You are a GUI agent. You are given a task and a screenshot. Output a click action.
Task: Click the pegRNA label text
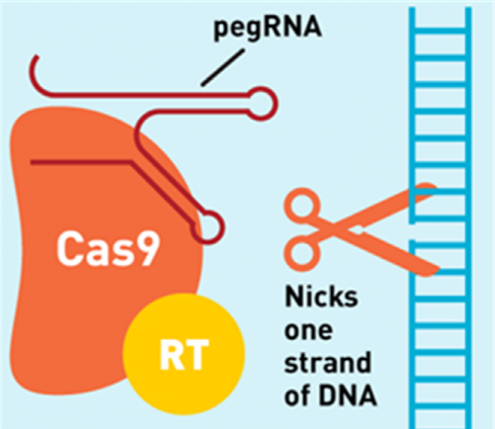click(268, 28)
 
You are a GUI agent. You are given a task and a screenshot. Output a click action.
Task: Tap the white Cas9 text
click(108, 249)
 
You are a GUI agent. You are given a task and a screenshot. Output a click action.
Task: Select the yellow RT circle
click(184, 354)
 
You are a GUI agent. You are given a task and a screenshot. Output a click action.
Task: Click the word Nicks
click(322, 296)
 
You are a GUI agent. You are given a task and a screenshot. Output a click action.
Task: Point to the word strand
click(328, 362)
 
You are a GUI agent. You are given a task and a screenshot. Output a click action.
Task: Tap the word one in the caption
click(309, 331)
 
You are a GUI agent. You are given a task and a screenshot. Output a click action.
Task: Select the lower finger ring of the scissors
click(302, 253)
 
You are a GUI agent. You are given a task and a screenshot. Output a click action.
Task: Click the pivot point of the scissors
click(358, 230)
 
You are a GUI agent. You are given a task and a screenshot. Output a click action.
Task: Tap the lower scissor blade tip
click(438, 269)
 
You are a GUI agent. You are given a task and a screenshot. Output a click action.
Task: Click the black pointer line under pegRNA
click(222, 68)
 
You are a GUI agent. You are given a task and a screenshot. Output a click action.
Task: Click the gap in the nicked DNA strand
click(412, 232)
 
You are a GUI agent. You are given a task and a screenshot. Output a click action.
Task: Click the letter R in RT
click(172, 354)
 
